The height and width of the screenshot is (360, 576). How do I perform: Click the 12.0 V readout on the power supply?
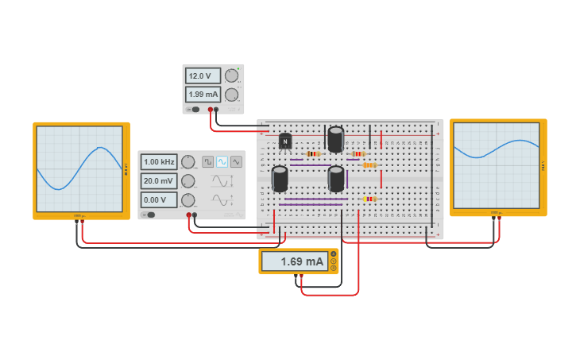tap(203, 76)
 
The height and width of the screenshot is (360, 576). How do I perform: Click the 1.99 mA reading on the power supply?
tap(203, 95)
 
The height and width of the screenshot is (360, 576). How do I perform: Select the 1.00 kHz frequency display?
tap(159, 162)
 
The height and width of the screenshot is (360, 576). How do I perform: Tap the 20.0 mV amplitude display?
tap(159, 181)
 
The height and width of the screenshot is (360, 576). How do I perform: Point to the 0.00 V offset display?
tap(159, 200)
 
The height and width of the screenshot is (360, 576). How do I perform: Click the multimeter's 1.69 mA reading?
tap(295, 261)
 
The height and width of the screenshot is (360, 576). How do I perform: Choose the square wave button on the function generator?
tap(208, 161)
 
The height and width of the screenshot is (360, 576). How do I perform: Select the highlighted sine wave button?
tap(222, 161)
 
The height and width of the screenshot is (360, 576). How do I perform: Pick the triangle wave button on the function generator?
tap(236, 161)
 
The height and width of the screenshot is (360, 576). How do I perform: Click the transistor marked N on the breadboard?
tap(285, 141)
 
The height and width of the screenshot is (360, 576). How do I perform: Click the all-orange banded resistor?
tap(369, 165)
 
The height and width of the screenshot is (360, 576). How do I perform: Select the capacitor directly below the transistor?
tap(280, 179)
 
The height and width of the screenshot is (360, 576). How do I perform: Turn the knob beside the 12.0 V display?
tap(231, 76)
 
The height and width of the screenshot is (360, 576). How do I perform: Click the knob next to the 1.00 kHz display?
tap(188, 162)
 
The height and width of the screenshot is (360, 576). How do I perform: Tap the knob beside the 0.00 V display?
tap(188, 200)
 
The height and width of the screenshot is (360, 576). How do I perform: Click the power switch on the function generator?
tap(149, 215)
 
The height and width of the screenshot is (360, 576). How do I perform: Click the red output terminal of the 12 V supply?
tap(211, 110)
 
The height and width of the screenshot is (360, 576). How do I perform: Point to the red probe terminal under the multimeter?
tap(302, 277)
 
